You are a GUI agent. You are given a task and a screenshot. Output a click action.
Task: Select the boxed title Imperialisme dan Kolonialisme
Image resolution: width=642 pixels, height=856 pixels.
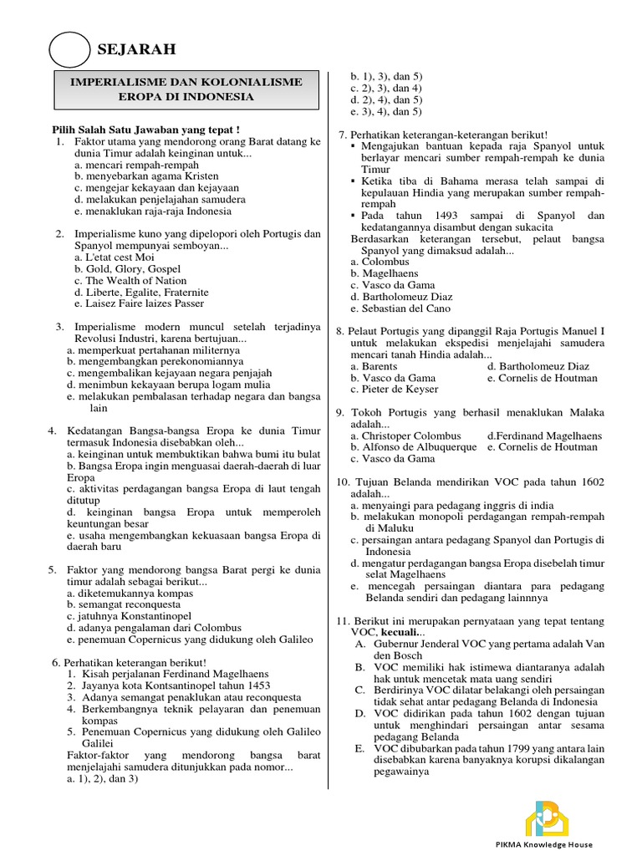(186, 89)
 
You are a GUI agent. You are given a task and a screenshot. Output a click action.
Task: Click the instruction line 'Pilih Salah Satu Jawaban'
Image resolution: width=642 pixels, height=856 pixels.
(141, 130)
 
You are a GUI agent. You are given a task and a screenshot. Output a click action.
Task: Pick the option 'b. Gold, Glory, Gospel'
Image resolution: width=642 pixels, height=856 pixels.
(126, 269)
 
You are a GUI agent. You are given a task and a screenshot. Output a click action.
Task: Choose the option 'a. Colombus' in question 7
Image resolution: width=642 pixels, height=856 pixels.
(380, 262)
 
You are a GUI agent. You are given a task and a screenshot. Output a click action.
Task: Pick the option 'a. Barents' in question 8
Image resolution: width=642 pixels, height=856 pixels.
(374, 366)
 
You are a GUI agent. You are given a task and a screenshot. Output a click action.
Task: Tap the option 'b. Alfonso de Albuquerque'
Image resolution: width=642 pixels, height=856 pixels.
(414, 447)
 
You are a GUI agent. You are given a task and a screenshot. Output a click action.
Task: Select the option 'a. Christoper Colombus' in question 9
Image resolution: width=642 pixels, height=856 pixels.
(405, 436)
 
